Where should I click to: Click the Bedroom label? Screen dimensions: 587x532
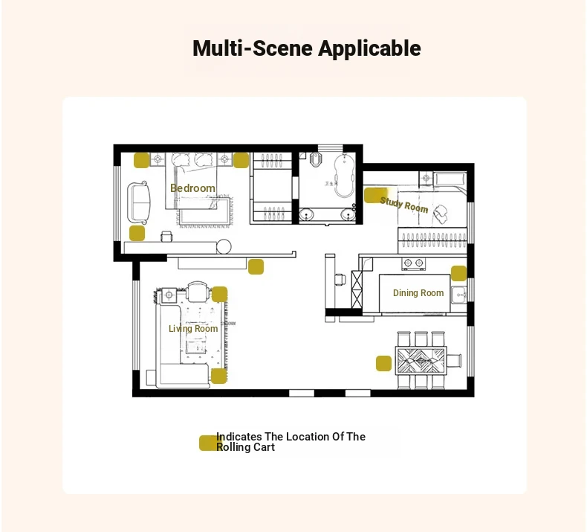(192, 188)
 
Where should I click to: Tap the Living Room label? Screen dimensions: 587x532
(193, 328)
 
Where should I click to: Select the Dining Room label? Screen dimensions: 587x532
(418, 293)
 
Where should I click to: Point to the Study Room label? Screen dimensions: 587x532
(404, 205)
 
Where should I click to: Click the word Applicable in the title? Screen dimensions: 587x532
(369, 49)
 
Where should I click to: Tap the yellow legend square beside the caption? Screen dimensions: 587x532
(207, 443)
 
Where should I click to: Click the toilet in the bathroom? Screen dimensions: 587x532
(316, 159)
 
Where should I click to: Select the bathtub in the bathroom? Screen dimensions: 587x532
(344, 176)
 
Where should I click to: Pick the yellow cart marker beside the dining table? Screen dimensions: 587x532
(383, 364)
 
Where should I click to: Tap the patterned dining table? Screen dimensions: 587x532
(421, 361)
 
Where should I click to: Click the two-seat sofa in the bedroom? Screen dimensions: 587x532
(139, 202)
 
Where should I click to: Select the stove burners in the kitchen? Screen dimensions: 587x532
(413, 263)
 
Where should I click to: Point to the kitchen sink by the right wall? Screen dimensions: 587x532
(458, 295)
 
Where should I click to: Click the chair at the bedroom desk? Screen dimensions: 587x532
(167, 236)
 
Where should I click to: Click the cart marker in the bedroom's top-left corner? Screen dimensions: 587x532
(142, 161)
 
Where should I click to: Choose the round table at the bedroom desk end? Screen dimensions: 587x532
(224, 246)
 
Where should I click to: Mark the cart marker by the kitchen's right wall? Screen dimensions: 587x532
(458, 273)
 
